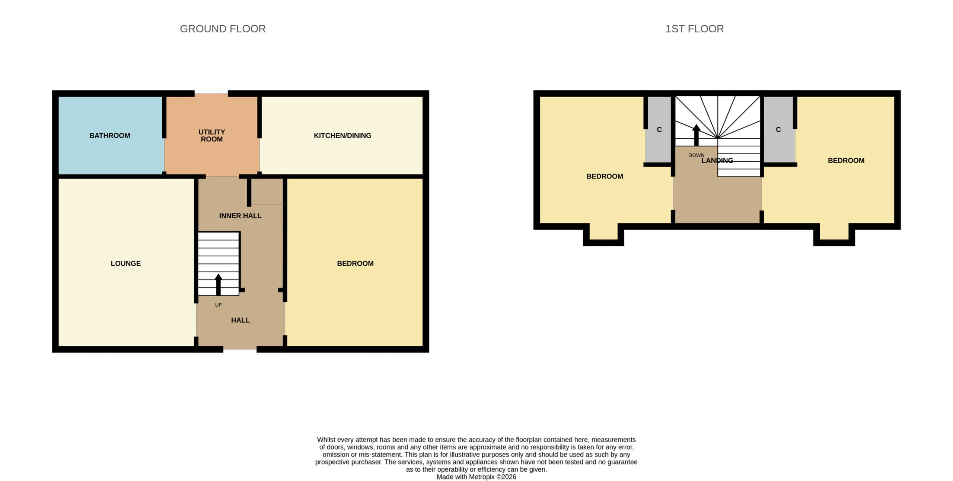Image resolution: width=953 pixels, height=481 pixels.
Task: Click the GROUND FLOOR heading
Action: pos(223,29)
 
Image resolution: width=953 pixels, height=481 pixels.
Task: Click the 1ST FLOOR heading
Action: pos(695,29)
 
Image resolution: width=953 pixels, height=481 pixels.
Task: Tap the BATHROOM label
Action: pos(110,136)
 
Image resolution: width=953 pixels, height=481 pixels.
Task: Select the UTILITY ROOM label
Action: pos(212,136)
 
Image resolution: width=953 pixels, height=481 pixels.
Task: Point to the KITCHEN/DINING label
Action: pos(342,136)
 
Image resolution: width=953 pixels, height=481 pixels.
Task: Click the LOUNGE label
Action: pos(126,263)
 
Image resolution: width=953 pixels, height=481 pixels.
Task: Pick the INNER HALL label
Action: pos(240,216)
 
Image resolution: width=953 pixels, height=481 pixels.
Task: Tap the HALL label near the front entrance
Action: pos(240,320)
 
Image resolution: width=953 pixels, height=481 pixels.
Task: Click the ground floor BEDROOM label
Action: pos(356,263)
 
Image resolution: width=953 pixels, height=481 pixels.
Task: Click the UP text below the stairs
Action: pos(219,305)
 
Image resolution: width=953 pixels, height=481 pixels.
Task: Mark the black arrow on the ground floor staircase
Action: pos(219,285)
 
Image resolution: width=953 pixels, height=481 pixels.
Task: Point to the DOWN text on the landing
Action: pos(697,155)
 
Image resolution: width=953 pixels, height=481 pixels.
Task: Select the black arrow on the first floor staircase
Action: pos(696,135)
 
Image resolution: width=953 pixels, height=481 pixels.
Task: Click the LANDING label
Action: pos(717,161)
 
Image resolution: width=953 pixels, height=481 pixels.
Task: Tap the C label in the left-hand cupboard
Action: pos(659,130)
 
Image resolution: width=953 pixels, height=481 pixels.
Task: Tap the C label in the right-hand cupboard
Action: pos(778,130)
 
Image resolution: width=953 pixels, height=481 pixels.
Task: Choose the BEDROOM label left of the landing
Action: pos(605,176)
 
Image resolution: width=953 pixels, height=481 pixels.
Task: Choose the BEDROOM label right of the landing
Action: pos(846,161)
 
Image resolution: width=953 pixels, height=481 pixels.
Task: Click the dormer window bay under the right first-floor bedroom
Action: pos(834,234)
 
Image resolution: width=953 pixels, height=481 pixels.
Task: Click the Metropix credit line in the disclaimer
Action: pos(476,477)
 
